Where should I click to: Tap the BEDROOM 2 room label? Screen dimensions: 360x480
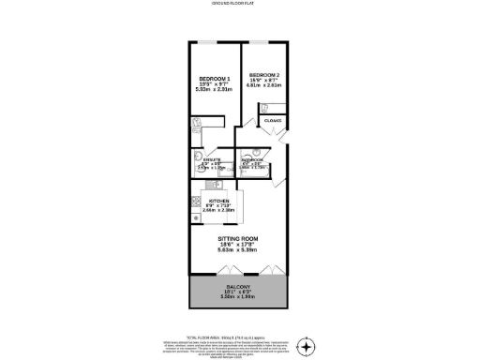263,75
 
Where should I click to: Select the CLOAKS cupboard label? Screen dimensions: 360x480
274,121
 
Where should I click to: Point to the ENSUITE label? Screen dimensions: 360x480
211,160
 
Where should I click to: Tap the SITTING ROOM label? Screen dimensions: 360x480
236,241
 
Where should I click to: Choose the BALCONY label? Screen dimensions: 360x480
237,284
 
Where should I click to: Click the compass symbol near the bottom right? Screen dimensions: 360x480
307,347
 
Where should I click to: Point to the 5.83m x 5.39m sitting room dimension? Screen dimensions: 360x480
236,252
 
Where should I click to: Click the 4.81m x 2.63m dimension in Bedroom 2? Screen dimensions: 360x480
263,85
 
